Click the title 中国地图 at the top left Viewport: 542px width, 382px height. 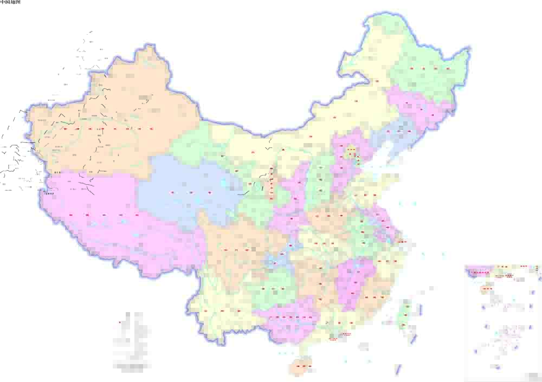pyautogui.click(x=10, y=3)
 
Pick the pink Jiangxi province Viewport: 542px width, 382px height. pyautogui.click(x=355, y=282)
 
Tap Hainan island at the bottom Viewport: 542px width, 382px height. pyautogui.click(x=301, y=367)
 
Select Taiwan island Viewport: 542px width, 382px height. pyautogui.click(x=404, y=314)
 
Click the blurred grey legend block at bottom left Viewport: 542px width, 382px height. pyautogui.click(x=130, y=341)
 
